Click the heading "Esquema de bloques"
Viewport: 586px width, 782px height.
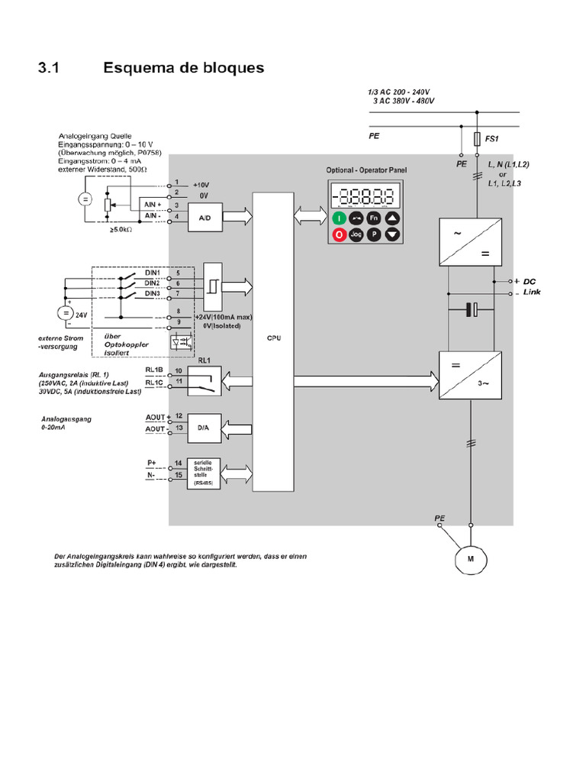tap(183, 68)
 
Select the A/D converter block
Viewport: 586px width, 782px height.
tap(204, 218)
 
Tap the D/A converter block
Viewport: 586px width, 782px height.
tap(204, 428)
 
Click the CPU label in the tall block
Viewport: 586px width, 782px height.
tap(272, 339)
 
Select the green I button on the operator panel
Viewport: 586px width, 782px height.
tap(339, 218)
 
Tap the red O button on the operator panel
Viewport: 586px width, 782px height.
tap(339, 235)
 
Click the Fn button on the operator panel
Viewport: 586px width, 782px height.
tap(374, 218)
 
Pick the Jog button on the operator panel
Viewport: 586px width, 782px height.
tap(356, 235)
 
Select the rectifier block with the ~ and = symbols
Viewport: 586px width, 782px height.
tap(471, 241)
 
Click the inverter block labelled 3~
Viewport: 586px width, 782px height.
tap(471, 375)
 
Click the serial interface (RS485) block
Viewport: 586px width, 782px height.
tap(204, 472)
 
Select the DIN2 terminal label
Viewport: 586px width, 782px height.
tap(153, 283)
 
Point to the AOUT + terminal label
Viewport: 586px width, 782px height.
tap(155, 417)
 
